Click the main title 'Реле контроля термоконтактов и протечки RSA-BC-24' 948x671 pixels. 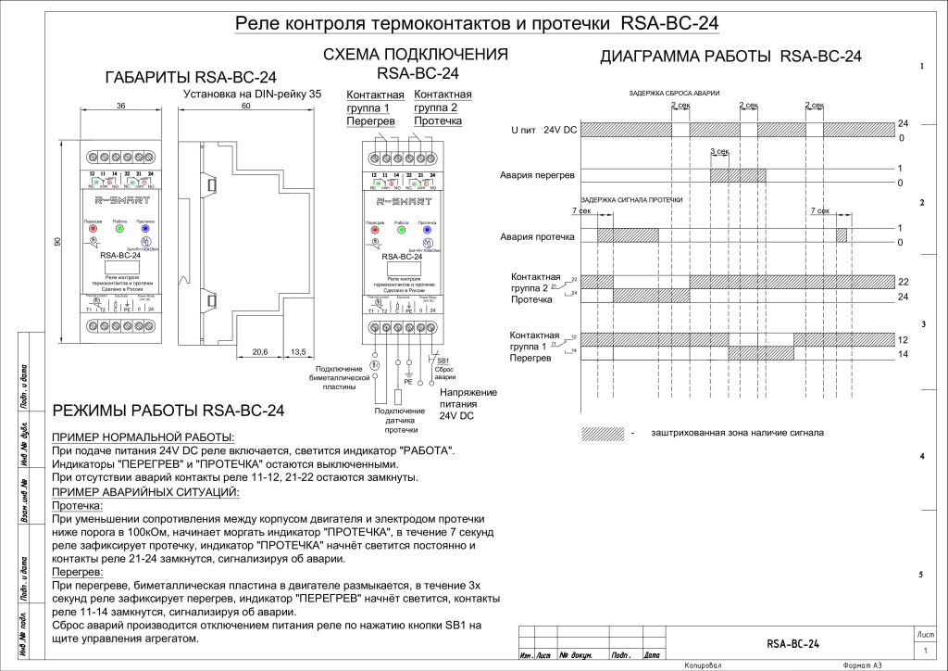click(477, 22)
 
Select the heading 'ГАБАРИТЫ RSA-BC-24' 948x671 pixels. click(191, 77)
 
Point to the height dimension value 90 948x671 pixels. click(56, 241)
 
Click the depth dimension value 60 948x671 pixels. click(245, 107)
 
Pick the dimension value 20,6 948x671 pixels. click(260, 352)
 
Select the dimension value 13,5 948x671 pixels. click(297, 352)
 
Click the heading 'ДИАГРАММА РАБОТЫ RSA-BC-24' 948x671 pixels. click(730, 57)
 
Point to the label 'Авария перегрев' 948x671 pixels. click(537, 175)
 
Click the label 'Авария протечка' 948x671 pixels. click(537, 236)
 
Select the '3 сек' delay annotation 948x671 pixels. click(719, 150)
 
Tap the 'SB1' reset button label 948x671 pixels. click(443, 360)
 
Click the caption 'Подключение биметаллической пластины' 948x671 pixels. click(344, 378)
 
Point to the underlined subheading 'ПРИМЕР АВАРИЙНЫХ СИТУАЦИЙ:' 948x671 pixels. click(145, 491)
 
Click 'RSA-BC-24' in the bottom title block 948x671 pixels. click(792, 644)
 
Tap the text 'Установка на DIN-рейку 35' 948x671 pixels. click(252, 94)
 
